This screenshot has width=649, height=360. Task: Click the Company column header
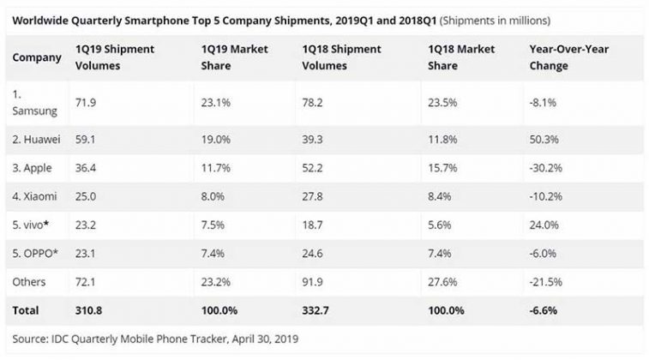pos(37,57)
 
